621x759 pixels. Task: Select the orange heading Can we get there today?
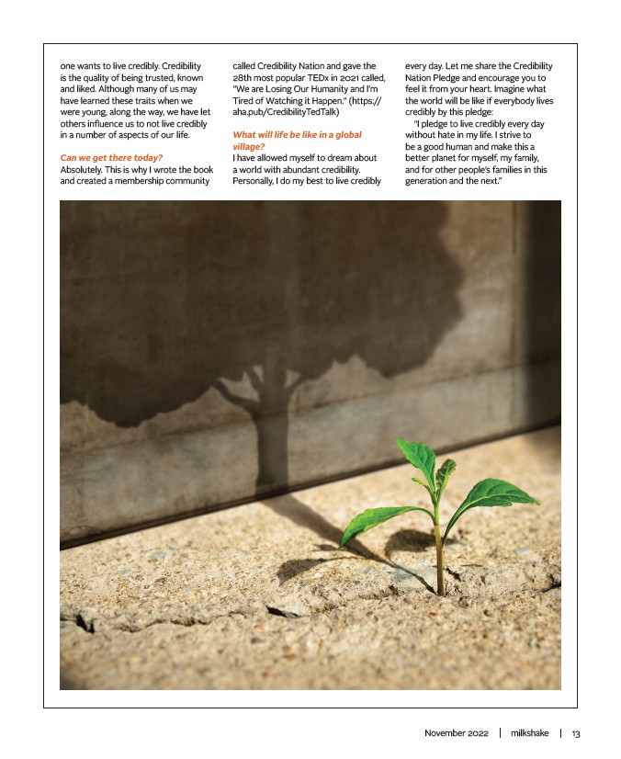pyautogui.click(x=111, y=158)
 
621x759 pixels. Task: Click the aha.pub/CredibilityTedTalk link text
pyautogui.click(x=286, y=112)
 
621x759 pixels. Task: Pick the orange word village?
pyautogui.click(x=249, y=146)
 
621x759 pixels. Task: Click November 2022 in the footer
pyautogui.click(x=457, y=733)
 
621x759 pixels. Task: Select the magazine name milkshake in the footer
pyautogui.click(x=530, y=733)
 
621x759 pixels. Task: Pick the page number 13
pyautogui.click(x=576, y=733)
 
